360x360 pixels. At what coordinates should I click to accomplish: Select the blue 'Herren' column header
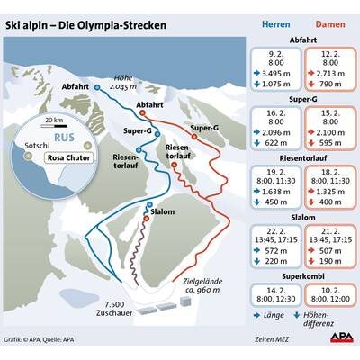pos(275,26)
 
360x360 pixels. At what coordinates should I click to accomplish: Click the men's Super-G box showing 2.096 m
pos(275,128)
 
